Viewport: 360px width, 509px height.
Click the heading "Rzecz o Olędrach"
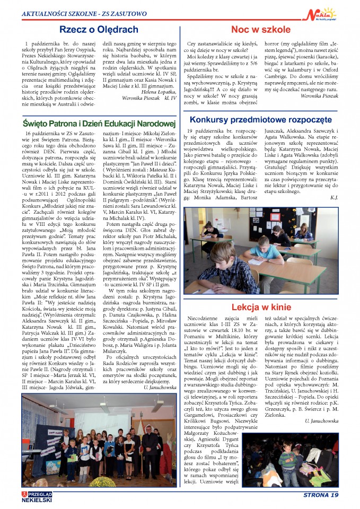99,29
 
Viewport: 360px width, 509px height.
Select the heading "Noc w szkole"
261,29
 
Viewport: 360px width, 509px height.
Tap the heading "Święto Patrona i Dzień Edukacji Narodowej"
99,123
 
